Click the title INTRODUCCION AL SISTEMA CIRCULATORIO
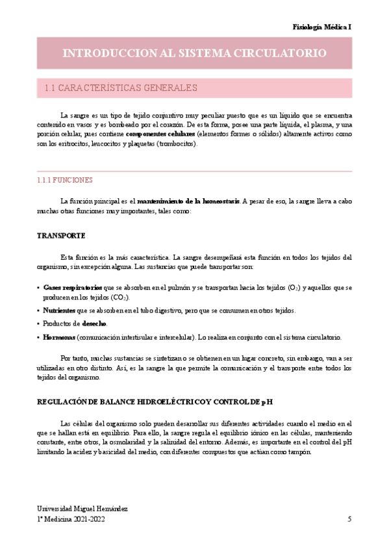tap(194, 53)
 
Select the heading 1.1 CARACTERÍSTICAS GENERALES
tap(120, 88)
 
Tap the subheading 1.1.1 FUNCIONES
tap(65, 180)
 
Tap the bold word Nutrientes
tap(60, 311)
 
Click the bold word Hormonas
tap(59, 337)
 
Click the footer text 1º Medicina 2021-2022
tap(71, 519)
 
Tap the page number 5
tap(349, 519)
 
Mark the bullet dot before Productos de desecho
tap(38, 324)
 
